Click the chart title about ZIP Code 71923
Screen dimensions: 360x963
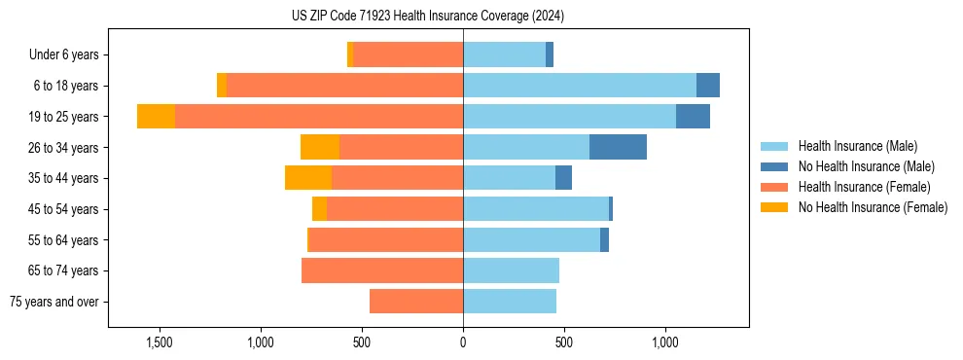click(x=428, y=17)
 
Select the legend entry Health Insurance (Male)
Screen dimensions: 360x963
click(x=857, y=146)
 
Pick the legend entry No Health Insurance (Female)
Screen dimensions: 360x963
click(x=873, y=207)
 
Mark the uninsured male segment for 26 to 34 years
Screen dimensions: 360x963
click(x=618, y=147)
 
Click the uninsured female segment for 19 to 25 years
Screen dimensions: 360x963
click(x=156, y=117)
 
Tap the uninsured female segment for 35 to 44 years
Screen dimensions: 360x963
click(x=308, y=178)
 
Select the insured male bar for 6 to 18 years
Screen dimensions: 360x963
click(x=580, y=86)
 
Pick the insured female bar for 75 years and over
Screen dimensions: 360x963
click(x=416, y=302)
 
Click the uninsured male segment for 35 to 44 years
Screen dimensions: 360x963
click(x=563, y=178)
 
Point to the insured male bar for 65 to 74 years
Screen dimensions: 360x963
click(x=511, y=270)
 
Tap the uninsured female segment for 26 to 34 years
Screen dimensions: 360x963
click(x=320, y=147)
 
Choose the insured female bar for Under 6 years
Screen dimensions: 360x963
click(x=408, y=55)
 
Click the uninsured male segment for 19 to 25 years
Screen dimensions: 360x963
click(x=693, y=117)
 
